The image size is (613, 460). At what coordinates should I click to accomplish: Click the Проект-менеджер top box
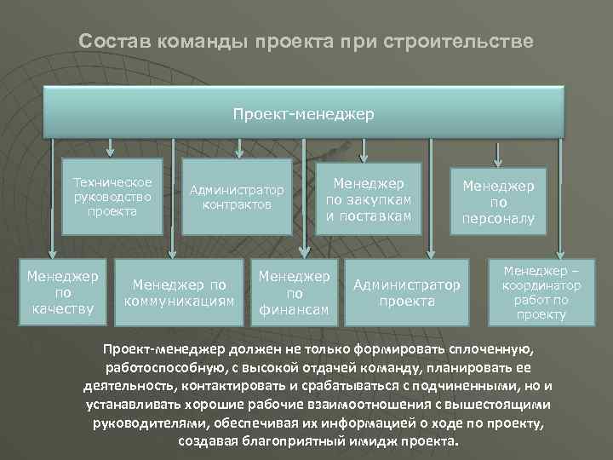click(x=304, y=112)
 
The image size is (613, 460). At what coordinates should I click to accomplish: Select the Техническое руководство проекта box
click(x=112, y=197)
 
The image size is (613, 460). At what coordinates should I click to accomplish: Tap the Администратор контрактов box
click(x=237, y=197)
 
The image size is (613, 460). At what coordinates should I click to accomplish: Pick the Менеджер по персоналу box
click(x=498, y=202)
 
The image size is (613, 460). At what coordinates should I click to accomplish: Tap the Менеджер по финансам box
click(x=294, y=292)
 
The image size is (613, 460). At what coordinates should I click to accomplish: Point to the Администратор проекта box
click(x=406, y=292)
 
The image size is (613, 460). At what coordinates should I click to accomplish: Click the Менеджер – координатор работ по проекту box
click(x=539, y=292)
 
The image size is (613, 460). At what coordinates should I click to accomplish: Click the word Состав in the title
click(x=110, y=41)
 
